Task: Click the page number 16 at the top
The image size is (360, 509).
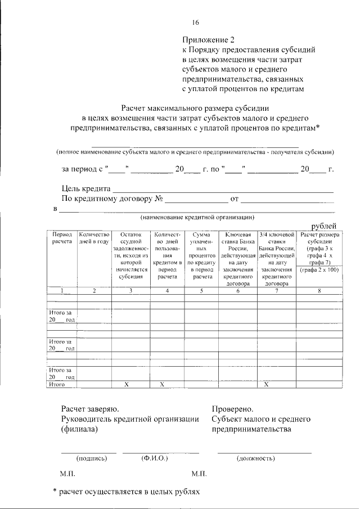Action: pos(195,23)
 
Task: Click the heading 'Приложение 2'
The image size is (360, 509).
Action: pos(207,39)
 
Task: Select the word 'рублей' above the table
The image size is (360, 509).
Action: pos(324,226)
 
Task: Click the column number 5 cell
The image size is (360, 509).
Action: pos(201,290)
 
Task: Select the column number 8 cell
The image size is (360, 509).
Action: pos(319,290)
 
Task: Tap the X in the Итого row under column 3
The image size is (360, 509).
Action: pos(130,385)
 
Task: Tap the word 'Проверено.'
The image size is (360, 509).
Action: pos(232,409)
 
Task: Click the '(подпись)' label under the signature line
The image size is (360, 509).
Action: pos(91,458)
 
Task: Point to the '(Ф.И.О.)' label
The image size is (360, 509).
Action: pos(155,458)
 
